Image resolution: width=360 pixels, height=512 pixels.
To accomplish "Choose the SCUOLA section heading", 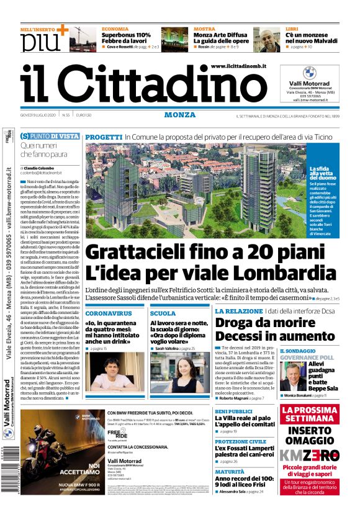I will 163,313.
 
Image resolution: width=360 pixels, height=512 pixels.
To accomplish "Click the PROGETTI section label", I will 103,137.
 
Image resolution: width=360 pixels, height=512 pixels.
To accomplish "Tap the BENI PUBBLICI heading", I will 234,411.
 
